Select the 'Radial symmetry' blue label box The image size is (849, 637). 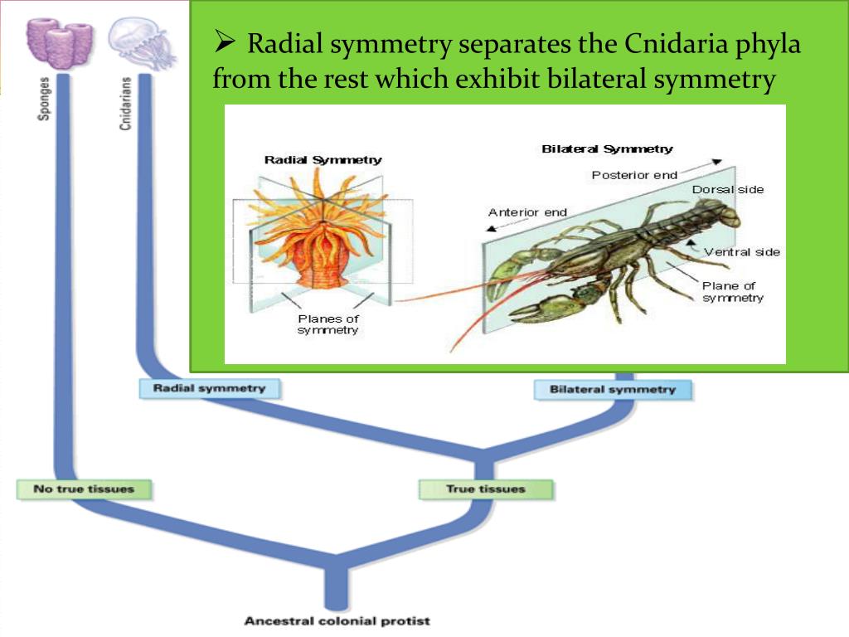tap(209, 388)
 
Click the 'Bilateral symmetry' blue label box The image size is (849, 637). tap(613, 389)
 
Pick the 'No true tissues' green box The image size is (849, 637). tap(84, 489)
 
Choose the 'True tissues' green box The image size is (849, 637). tap(485, 489)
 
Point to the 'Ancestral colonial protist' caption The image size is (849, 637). tap(337, 620)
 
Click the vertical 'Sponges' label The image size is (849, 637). tap(44, 99)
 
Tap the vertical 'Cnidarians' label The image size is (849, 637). tap(125, 104)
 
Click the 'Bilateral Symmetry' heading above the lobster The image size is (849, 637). tap(607, 149)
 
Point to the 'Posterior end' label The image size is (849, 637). tap(634, 175)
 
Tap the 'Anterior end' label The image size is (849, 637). tap(527, 212)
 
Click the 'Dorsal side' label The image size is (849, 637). tap(728, 190)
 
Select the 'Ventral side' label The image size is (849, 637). tap(742, 252)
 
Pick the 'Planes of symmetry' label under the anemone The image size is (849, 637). tap(328, 324)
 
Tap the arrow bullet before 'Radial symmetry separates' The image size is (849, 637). tap(225, 41)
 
